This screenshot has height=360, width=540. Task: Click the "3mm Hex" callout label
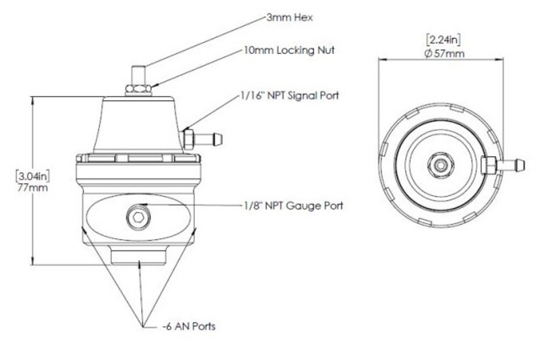[290, 18]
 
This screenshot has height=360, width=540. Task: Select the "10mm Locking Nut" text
[290, 50]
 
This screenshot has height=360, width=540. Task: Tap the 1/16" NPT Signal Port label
[290, 95]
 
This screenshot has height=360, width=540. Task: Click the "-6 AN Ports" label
[189, 326]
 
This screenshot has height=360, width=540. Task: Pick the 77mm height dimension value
[32, 188]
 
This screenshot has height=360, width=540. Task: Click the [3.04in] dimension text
[32, 177]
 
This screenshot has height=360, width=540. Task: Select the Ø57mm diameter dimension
[444, 53]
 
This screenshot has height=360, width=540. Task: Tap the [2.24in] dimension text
[443, 40]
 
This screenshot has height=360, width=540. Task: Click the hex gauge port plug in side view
[138, 217]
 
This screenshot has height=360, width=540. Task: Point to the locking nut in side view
[138, 89]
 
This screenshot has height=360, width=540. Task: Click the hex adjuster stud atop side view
[138, 74]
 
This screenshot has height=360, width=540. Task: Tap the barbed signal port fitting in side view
[203, 138]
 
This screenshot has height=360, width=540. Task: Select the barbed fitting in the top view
[504, 165]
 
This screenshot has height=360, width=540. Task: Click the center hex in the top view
[441, 165]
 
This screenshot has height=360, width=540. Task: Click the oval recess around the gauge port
[138, 217]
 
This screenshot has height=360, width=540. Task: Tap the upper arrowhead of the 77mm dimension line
[33, 100]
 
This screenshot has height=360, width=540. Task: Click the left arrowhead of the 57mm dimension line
[382, 59]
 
